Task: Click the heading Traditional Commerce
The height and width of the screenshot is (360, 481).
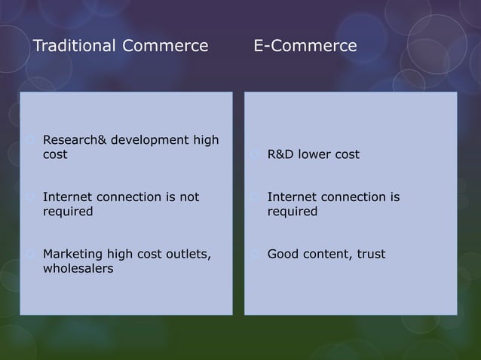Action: [121, 47]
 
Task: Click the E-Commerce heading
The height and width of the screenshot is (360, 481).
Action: [305, 47]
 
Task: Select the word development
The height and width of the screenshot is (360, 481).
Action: [147, 140]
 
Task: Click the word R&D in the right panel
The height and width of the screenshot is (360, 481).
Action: [280, 155]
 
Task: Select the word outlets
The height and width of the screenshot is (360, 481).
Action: [186, 255]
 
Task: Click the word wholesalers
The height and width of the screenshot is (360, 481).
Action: [78, 269]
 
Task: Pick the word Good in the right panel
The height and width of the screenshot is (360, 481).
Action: [283, 255]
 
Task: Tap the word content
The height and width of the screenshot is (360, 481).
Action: [325, 255]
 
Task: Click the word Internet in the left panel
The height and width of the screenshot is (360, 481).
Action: [68, 197]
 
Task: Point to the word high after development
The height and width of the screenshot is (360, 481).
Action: [204, 140]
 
